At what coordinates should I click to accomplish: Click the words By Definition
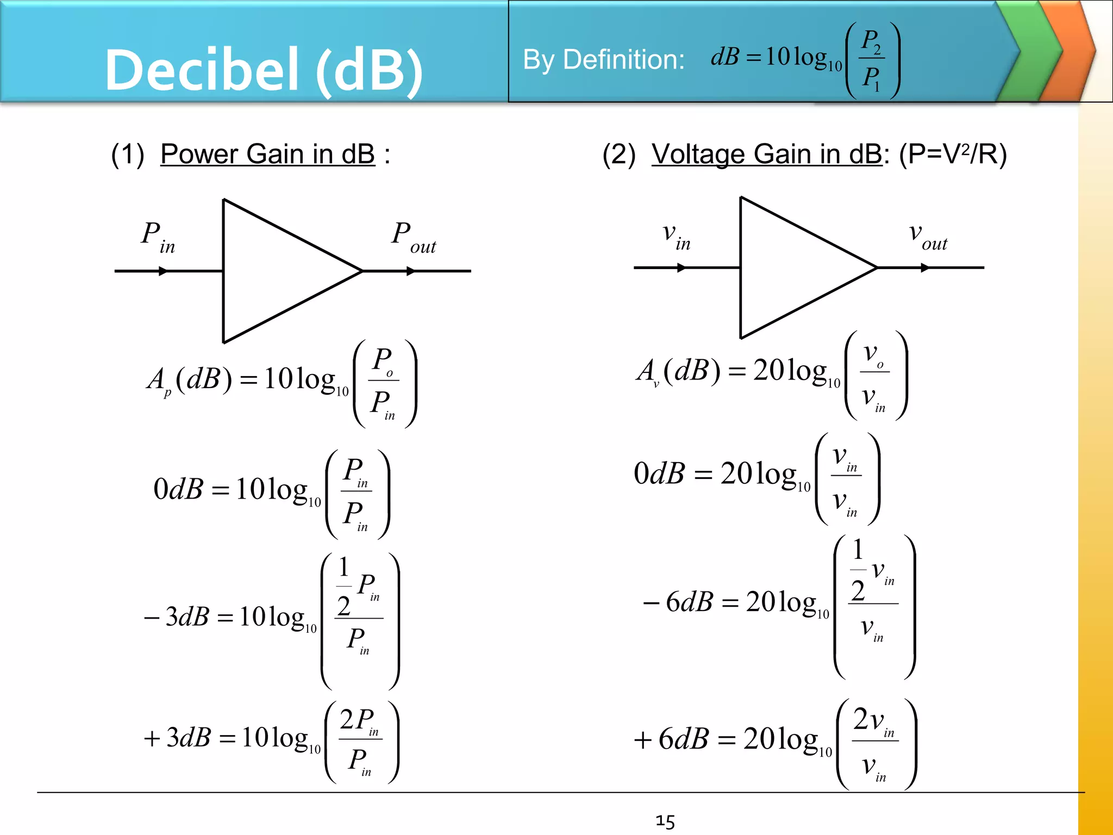point(603,60)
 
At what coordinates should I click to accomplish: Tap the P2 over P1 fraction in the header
point(872,60)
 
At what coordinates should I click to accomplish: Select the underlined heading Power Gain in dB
point(267,154)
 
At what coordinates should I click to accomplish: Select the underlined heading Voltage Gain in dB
point(766,154)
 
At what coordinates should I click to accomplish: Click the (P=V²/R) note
point(953,154)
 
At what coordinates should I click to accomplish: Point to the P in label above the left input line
point(158,237)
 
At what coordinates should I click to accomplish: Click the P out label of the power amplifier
point(413,238)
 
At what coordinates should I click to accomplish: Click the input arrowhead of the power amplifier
point(162,271)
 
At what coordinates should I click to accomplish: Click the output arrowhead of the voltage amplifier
point(925,267)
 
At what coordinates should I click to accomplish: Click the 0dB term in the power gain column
point(178,489)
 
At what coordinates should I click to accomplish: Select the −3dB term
point(177,616)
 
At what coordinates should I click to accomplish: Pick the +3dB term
point(177,738)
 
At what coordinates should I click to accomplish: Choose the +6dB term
point(671,739)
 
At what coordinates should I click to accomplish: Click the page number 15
point(665,821)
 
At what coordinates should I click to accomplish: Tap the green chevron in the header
point(1030,52)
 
